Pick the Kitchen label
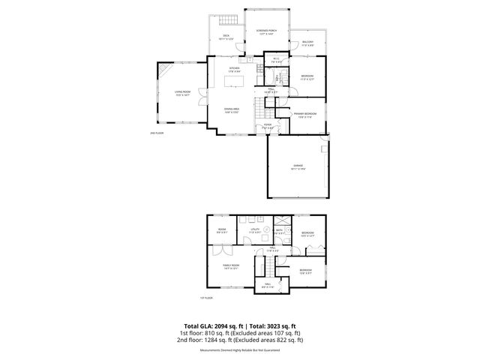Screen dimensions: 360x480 [234, 69]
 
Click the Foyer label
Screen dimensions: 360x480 [267, 127]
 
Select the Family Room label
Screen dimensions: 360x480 [230, 267]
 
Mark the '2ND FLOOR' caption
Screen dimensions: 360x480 [157, 133]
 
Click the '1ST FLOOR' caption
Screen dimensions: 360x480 [206, 298]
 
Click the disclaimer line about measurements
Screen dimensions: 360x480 [240, 350]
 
